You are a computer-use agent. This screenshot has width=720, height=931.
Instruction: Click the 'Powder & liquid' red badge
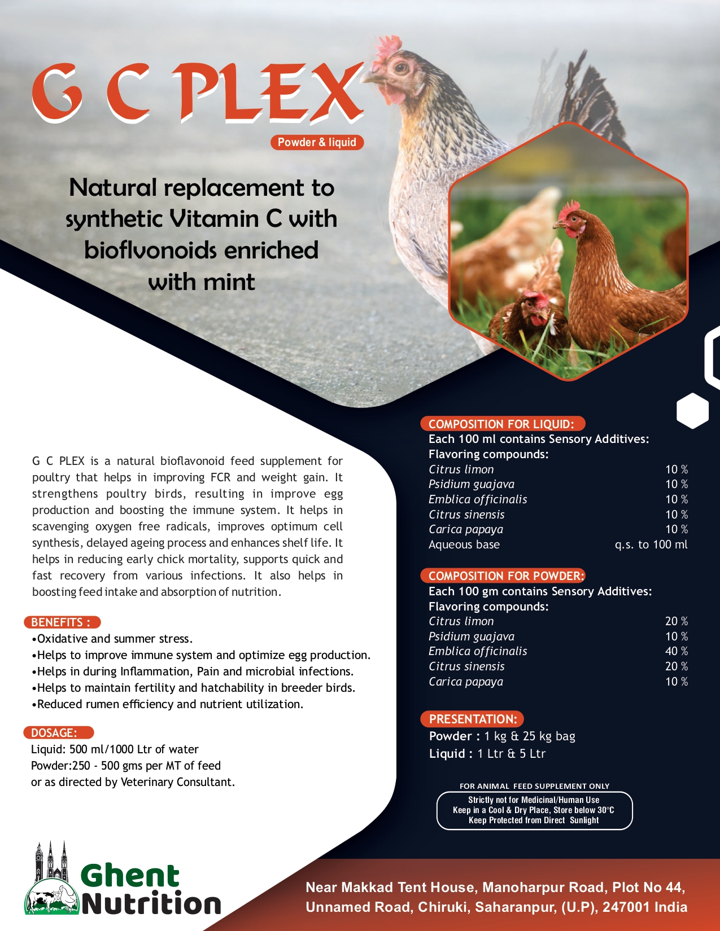(x=317, y=142)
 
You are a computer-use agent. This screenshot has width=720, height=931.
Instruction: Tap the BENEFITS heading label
(x=62, y=622)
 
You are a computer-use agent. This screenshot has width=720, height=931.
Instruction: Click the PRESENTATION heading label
(x=473, y=719)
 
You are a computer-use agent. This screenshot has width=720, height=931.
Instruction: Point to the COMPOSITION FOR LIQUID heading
(x=501, y=424)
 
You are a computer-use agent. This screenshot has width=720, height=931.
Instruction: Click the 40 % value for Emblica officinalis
(x=676, y=651)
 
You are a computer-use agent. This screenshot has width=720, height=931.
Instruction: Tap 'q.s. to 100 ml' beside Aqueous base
(x=651, y=544)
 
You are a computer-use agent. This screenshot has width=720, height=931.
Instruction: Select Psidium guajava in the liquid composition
(x=471, y=484)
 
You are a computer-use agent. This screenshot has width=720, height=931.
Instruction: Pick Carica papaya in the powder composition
(x=465, y=682)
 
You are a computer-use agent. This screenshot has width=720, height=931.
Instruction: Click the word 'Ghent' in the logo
(x=130, y=876)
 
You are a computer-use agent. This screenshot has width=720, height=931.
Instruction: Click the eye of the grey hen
(x=402, y=68)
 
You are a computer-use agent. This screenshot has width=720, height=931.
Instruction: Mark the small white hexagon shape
(x=692, y=410)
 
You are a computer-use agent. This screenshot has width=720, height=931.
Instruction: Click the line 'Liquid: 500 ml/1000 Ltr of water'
(x=115, y=749)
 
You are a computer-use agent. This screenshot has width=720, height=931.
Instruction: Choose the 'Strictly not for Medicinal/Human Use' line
(x=534, y=800)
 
